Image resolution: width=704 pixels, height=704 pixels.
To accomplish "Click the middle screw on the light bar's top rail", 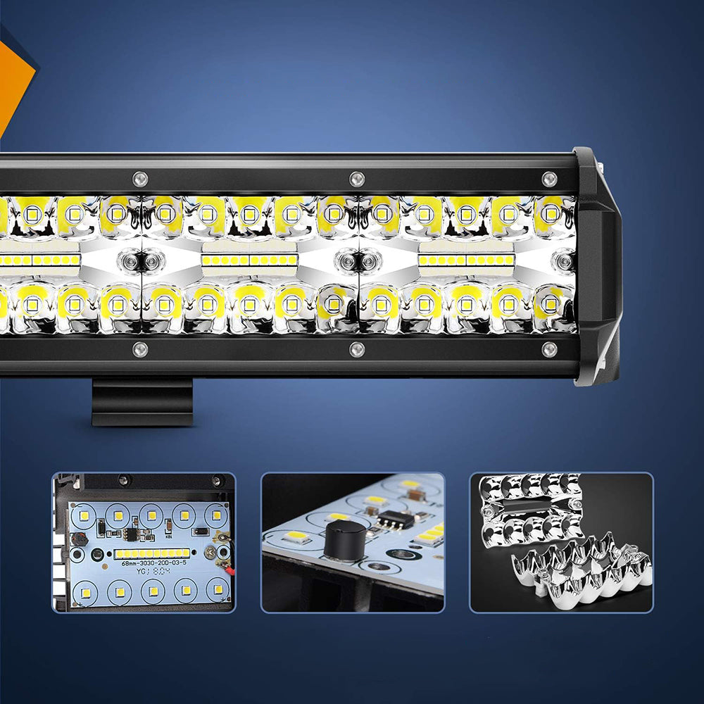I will coord(357,178).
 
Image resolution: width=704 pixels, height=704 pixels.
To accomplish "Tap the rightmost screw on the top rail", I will coord(549,178).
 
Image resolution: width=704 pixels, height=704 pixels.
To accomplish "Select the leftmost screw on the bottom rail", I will coord(140,349).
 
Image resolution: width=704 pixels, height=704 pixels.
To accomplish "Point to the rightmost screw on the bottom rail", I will coord(549,349).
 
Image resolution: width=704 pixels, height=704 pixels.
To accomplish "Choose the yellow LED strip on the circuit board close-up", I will coord(152,553).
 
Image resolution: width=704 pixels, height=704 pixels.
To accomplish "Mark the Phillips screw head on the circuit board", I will coord(210,553).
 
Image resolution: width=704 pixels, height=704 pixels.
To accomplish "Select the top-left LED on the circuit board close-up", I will coord(84,515).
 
